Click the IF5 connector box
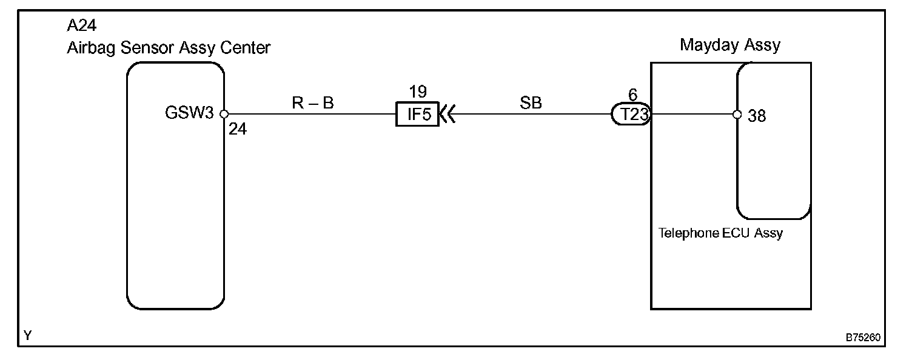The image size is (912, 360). [x=418, y=114]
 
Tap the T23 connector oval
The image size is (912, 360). [x=631, y=114]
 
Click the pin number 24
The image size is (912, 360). [x=238, y=129]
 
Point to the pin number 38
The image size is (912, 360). [x=757, y=115]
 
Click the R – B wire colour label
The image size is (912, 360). [x=313, y=104]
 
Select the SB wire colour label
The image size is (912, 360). [x=531, y=103]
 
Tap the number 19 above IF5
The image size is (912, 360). [x=418, y=92]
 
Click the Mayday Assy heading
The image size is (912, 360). [x=729, y=45]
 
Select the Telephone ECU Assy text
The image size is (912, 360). [x=720, y=233]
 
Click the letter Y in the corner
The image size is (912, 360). [x=28, y=335]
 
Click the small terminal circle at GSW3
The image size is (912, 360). [x=223, y=114]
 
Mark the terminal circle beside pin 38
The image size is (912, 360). [x=737, y=114]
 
